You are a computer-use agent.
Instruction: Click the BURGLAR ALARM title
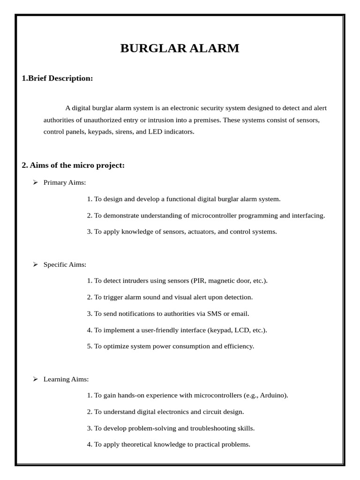tap(180, 48)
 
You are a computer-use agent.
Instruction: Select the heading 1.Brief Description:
tap(57, 78)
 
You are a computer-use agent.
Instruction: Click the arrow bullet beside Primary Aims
tap(35, 182)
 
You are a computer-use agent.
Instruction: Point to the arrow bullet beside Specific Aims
tap(35, 264)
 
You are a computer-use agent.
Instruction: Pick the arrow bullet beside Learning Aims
tap(35, 379)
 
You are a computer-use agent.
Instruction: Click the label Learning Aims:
tap(66, 379)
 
